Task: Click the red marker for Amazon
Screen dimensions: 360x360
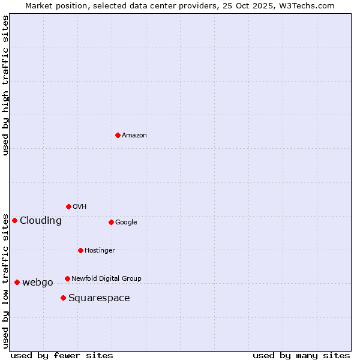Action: tap(118, 135)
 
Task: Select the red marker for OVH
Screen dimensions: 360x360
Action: tap(68, 206)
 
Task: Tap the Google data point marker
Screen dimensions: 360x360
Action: tap(111, 222)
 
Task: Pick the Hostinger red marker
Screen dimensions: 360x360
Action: tap(80, 250)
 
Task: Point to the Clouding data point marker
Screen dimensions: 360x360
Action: tap(14, 220)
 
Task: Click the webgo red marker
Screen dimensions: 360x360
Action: tap(17, 282)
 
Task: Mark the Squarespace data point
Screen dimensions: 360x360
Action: tap(63, 298)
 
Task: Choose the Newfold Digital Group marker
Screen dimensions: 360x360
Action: tap(67, 278)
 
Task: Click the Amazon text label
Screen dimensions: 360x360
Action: tap(134, 136)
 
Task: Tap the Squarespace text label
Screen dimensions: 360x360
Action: tap(99, 298)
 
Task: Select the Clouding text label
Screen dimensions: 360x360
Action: tap(41, 221)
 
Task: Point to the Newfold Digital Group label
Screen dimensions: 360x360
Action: tap(106, 278)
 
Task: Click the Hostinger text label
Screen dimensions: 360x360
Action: tap(100, 251)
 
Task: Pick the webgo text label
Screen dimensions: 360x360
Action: tap(38, 283)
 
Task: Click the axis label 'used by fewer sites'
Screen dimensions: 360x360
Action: tap(62, 355)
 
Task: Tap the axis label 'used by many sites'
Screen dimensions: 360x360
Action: tap(301, 355)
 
